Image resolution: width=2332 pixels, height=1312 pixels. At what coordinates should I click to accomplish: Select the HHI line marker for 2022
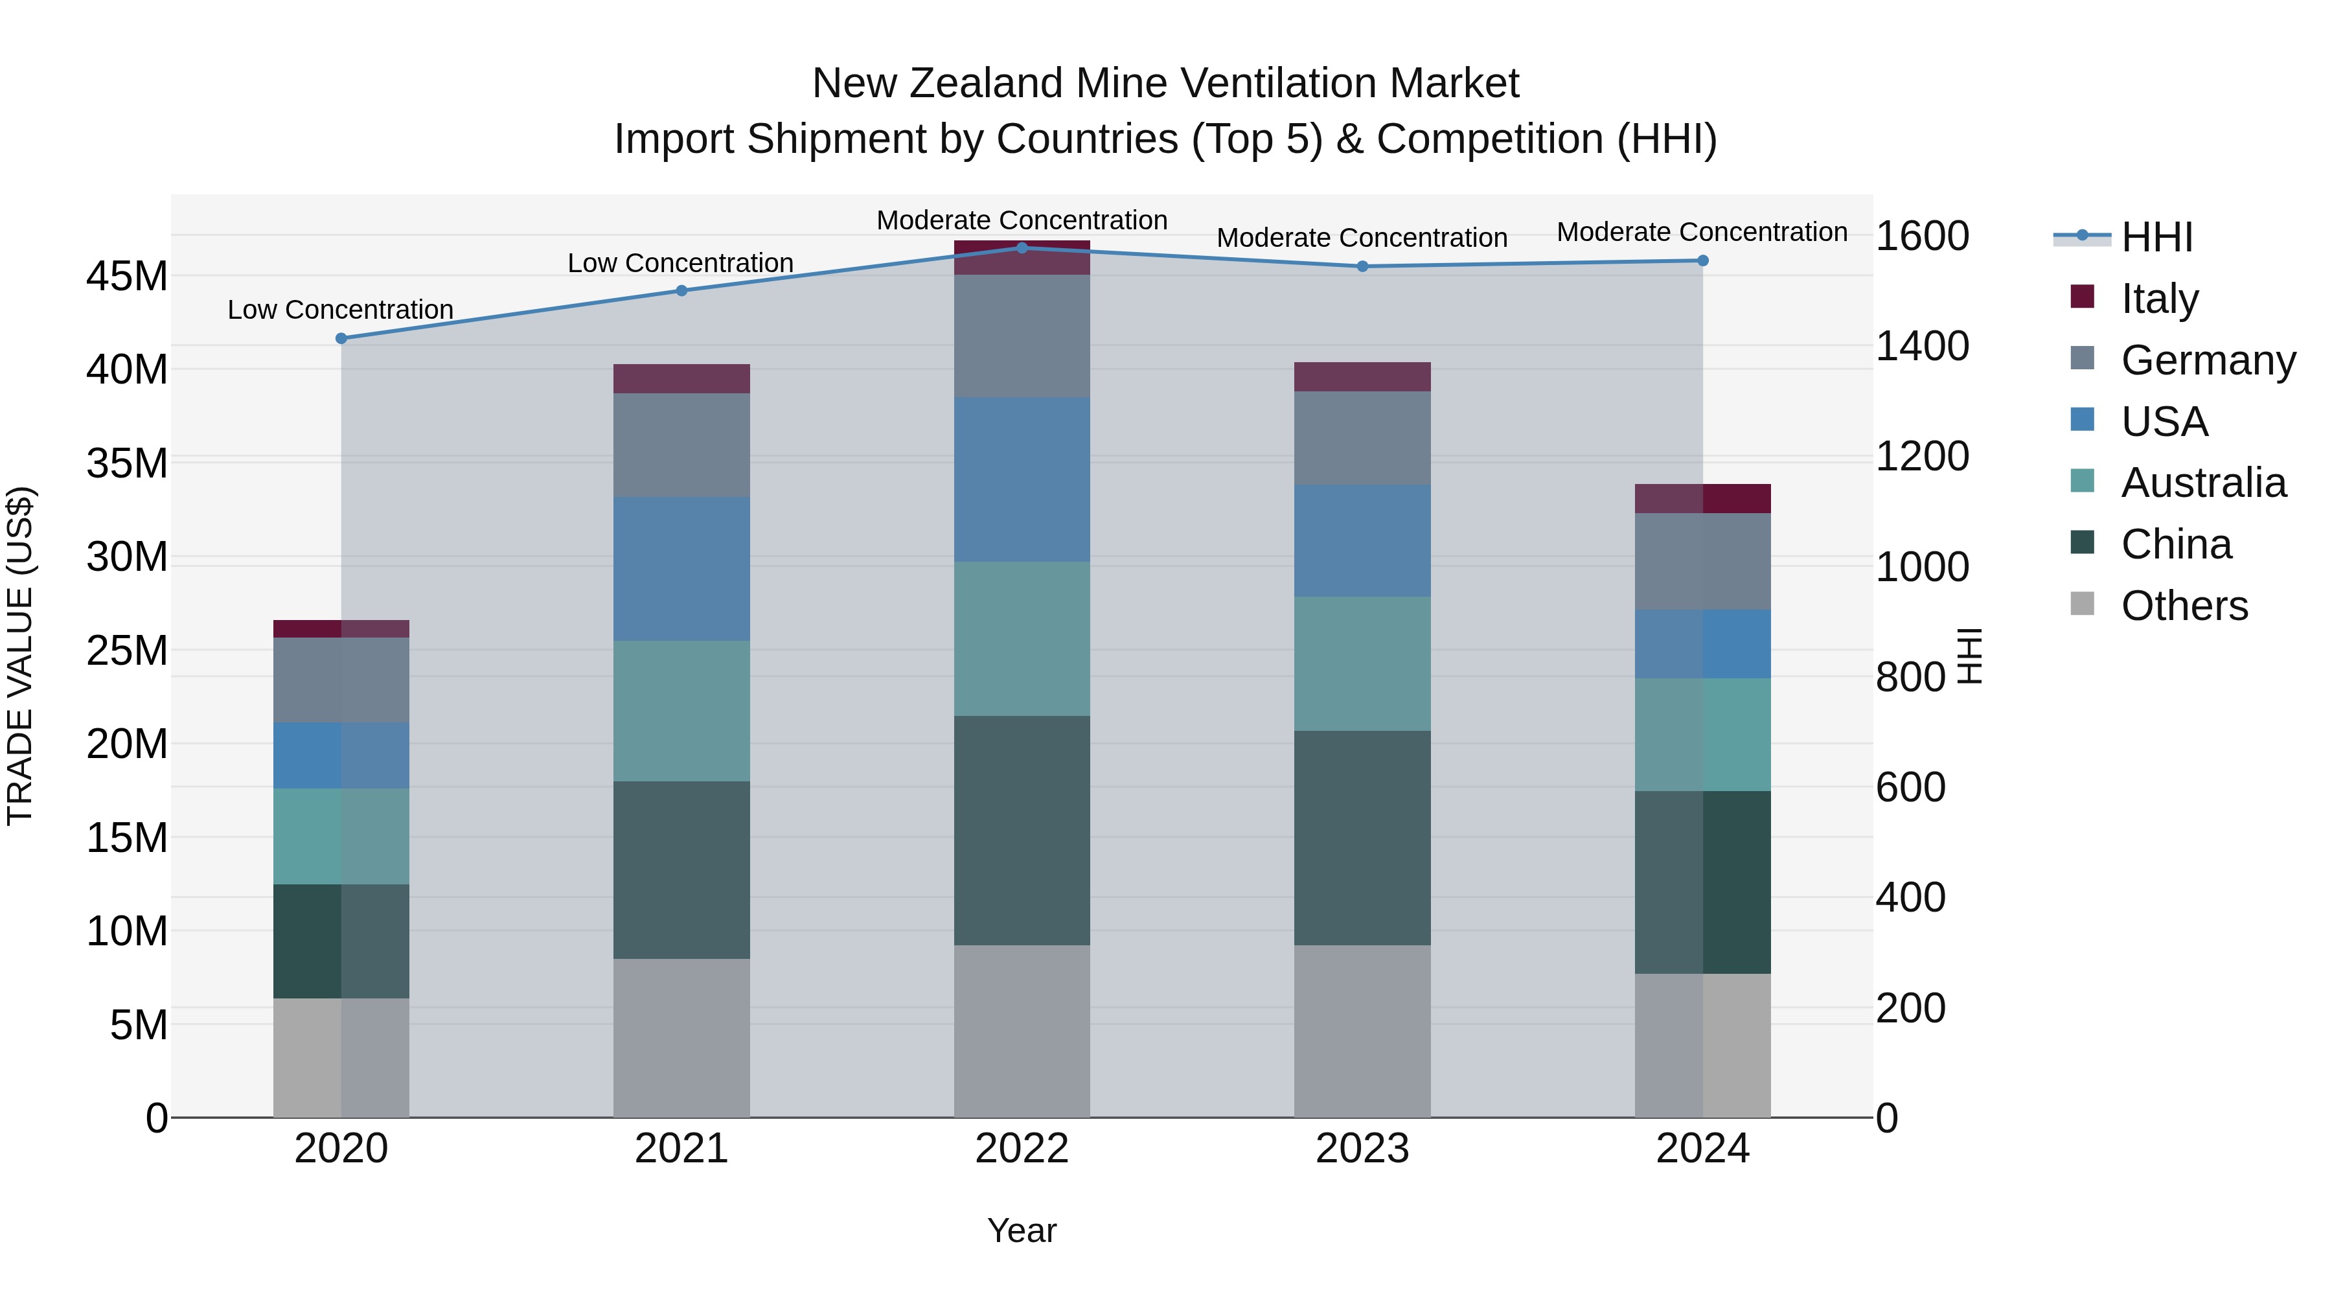(x=1022, y=247)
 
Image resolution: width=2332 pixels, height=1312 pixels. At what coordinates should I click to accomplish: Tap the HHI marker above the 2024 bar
(x=1703, y=260)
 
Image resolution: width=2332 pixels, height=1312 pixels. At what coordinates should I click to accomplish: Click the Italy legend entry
(x=2159, y=299)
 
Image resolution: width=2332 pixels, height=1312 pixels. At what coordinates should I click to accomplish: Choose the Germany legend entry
(x=2208, y=360)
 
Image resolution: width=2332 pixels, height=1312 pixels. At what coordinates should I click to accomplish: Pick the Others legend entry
(x=2184, y=606)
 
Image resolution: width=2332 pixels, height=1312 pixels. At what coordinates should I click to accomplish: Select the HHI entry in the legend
(x=2156, y=237)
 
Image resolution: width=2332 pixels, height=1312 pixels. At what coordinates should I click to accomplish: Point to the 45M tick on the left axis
(x=127, y=276)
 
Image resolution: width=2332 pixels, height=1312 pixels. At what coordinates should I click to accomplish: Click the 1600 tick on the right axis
(x=1922, y=236)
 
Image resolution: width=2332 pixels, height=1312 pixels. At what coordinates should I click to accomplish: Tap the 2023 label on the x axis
(x=1362, y=1149)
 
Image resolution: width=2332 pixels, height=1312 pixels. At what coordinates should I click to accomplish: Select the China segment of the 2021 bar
(x=681, y=869)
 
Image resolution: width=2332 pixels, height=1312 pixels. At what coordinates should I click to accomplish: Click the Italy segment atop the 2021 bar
(x=681, y=378)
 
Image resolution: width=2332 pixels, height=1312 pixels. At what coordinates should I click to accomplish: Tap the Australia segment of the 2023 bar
(x=1362, y=663)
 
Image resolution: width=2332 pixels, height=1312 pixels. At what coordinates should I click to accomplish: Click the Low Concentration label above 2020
(x=340, y=310)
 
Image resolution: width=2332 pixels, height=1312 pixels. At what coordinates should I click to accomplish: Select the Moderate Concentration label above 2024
(x=1702, y=232)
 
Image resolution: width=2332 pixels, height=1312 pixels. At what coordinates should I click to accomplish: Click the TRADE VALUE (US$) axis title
(x=20, y=656)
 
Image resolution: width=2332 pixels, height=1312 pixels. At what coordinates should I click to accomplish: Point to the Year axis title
(x=1022, y=1230)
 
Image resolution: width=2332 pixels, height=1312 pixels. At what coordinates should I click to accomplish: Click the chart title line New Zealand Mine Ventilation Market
(x=1165, y=84)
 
